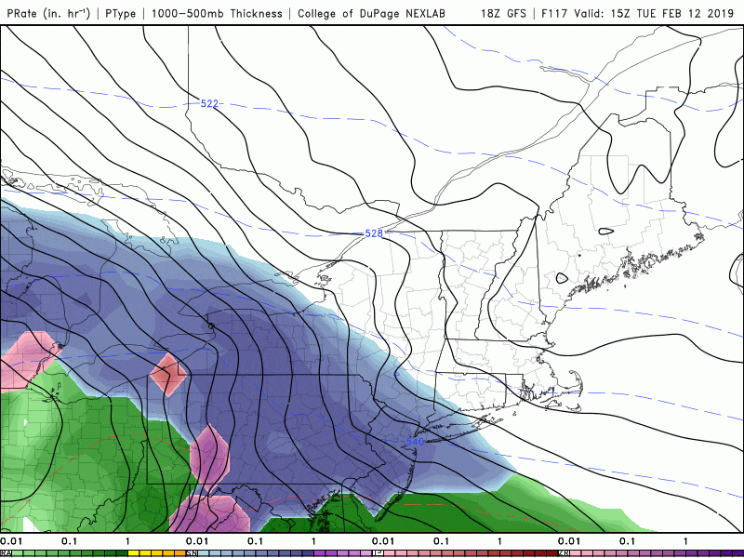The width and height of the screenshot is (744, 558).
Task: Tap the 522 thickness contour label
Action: coord(210,103)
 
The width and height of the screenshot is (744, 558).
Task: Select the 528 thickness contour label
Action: coord(374,233)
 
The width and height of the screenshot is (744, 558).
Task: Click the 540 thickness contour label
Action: coord(416,442)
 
